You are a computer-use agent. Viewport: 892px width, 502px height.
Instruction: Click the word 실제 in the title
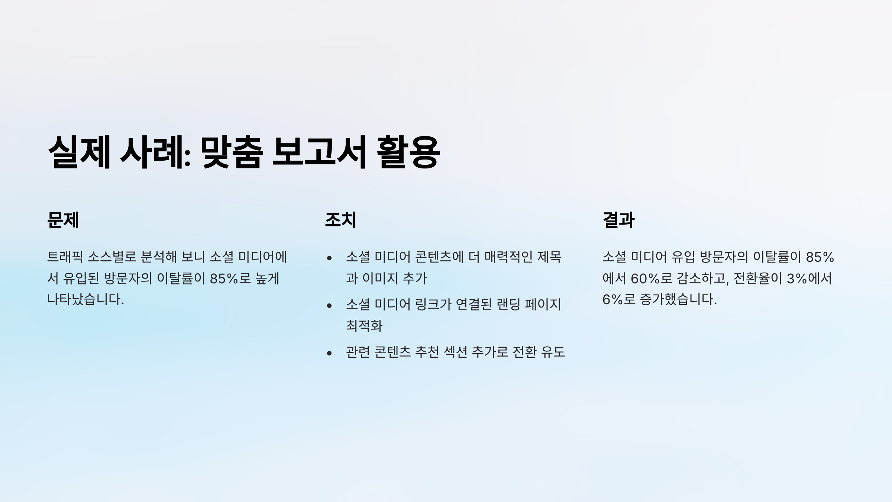tap(79, 152)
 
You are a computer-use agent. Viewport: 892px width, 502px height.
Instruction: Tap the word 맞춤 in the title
tap(232, 152)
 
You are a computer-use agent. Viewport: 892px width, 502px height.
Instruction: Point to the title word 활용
tap(408, 152)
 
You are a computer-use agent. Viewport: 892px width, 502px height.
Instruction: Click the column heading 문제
tap(63, 220)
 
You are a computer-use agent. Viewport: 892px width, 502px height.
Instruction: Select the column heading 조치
tap(341, 220)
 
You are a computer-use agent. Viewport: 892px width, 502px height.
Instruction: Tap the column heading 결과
tap(618, 220)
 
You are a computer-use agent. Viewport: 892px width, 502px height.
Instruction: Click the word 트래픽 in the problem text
tap(65, 257)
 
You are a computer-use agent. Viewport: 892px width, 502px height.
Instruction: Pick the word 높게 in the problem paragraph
tap(267, 279)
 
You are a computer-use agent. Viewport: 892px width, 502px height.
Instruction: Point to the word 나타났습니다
tap(85, 300)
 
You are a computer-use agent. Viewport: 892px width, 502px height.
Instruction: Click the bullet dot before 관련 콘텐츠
tap(329, 353)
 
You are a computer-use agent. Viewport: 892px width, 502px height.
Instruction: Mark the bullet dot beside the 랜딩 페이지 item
tap(329, 306)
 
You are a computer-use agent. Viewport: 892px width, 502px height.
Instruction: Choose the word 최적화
tap(364, 326)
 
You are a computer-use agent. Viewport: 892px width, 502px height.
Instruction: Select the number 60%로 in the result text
tap(652, 279)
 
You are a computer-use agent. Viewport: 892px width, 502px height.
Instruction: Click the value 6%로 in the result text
tap(619, 300)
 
